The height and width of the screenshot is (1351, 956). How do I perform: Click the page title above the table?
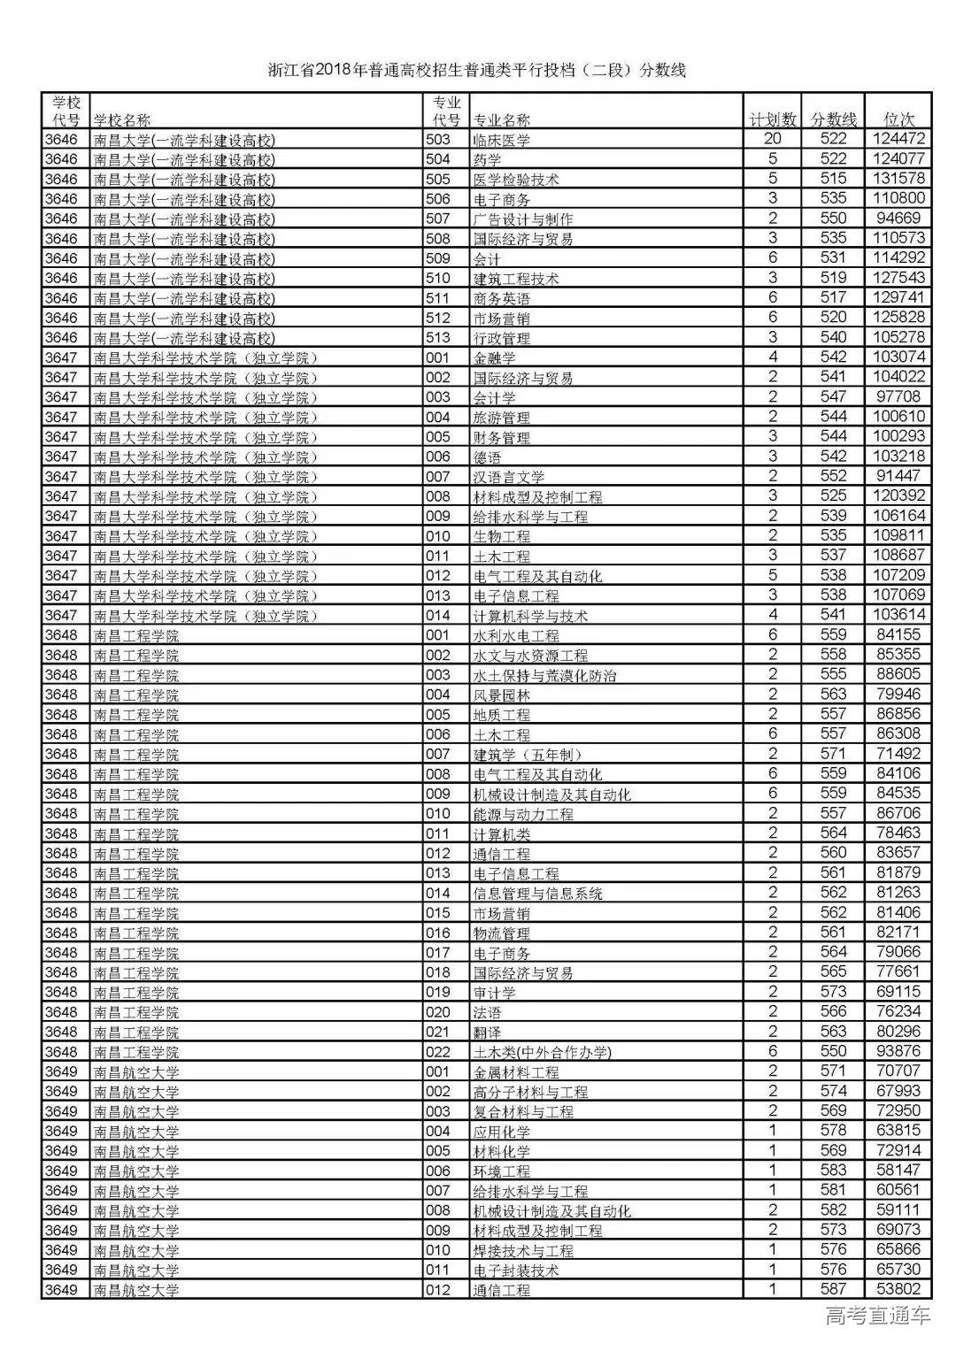[477, 71]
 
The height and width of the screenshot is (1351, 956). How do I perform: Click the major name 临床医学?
[502, 140]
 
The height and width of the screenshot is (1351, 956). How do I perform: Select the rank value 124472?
[898, 139]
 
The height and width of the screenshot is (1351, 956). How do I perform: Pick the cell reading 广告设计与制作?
[523, 219]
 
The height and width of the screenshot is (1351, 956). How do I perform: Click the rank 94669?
[898, 219]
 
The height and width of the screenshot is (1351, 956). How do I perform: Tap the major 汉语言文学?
[509, 477]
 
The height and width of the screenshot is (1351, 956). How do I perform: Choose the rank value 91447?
[898, 476]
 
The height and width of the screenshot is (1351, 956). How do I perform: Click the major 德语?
[488, 457]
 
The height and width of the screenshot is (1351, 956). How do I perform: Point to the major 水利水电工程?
[516, 635]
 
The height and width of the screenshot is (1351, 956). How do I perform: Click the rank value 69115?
[898, 992]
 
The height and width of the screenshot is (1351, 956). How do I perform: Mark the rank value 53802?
[898, 1289]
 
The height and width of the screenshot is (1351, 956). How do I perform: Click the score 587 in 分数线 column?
[834, 1289]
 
